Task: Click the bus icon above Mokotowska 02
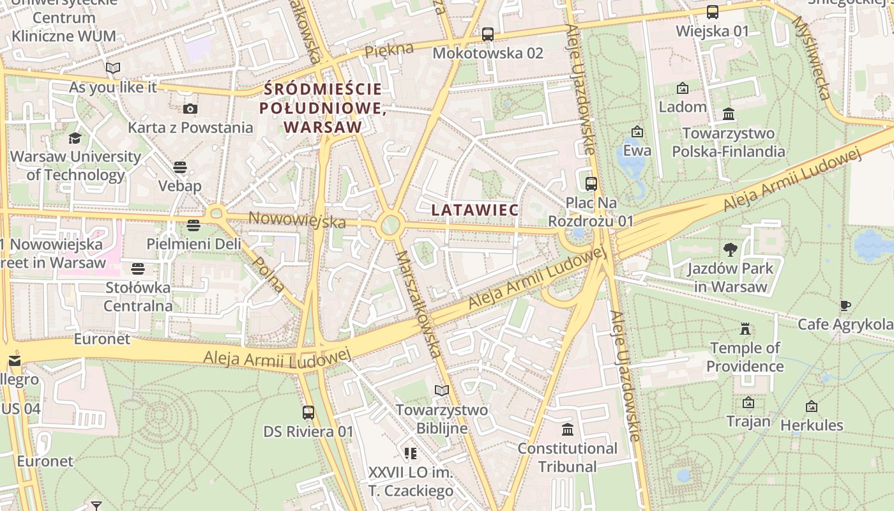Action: pos(488,34)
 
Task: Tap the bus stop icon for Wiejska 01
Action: pos(712,12)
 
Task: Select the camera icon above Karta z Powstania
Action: pos(190,109)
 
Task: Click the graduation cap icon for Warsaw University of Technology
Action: pos(75,138)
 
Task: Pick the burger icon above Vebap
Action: pos(180,167)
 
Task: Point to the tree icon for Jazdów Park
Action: pos(731,250)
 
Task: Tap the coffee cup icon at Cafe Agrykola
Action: pos(845,305)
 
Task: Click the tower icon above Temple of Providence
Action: pos(745,330)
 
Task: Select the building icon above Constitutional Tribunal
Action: pos(567,429)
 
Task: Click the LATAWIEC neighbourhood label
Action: pos(474,210)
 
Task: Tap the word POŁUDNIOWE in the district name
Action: pos(322,108)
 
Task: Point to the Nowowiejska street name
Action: pos(297,220)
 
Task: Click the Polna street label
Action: pos(268,274)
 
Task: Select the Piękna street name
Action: pos(390,50)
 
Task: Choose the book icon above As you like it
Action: pos(113,68)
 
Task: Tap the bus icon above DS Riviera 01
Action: pos(308,413)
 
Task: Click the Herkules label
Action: pos(812,425)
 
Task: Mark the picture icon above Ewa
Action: pos(637,132)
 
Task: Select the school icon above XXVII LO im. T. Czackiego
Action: pos(410,454)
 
